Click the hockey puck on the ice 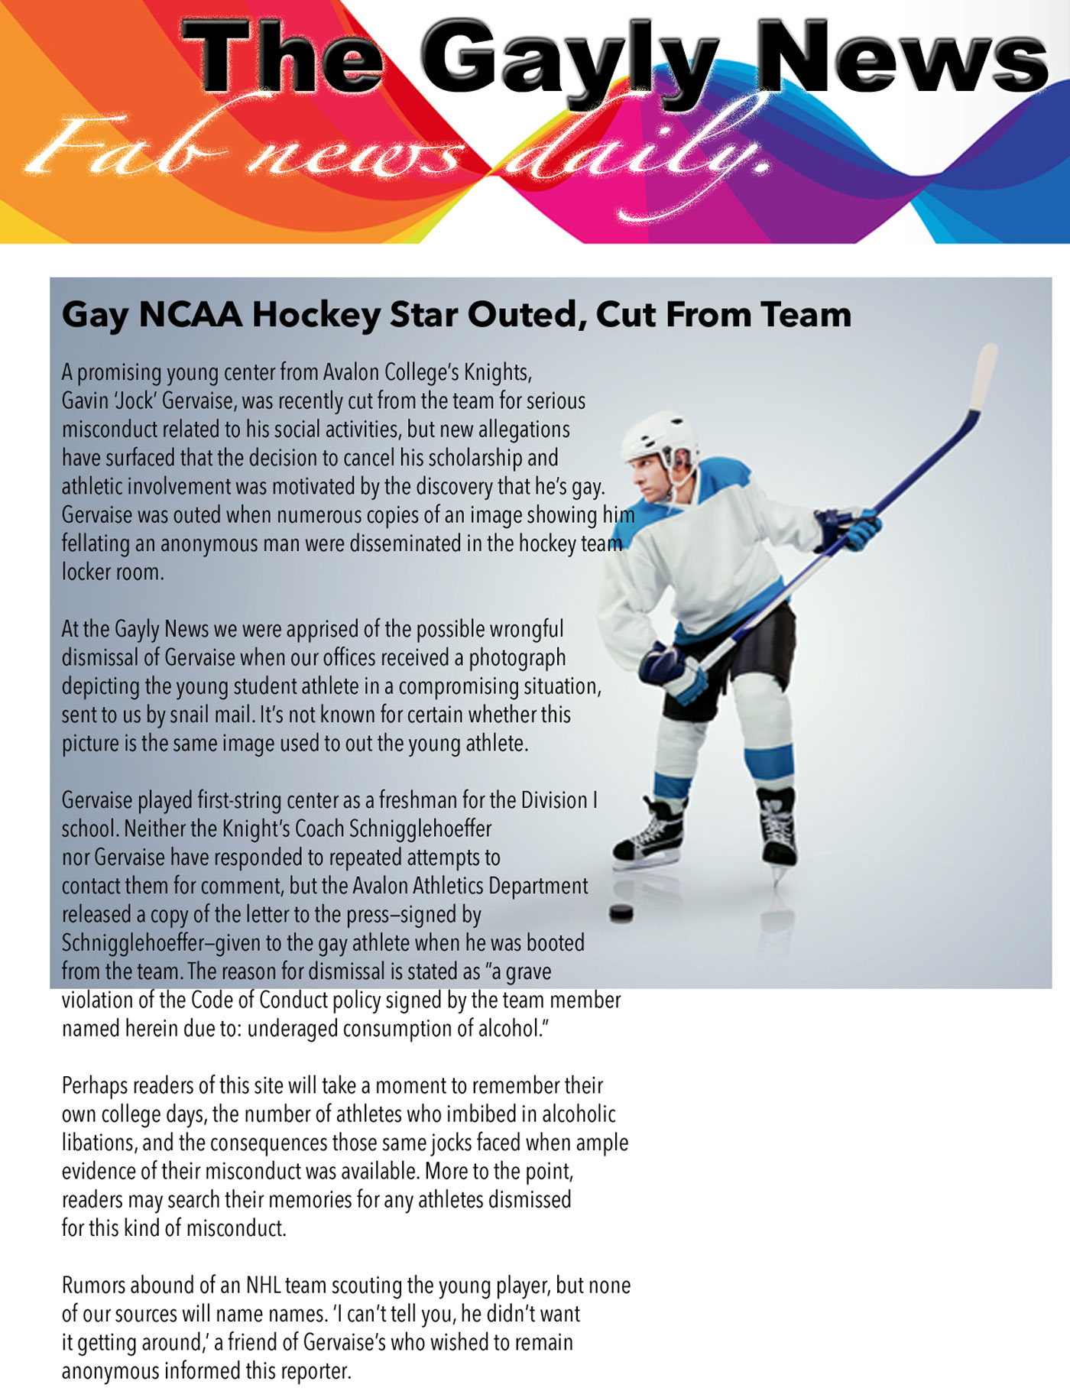(621, 913)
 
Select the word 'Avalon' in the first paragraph (352, 372)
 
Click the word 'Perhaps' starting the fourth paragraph (92, 1086)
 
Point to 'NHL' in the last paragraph (264, 1286)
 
